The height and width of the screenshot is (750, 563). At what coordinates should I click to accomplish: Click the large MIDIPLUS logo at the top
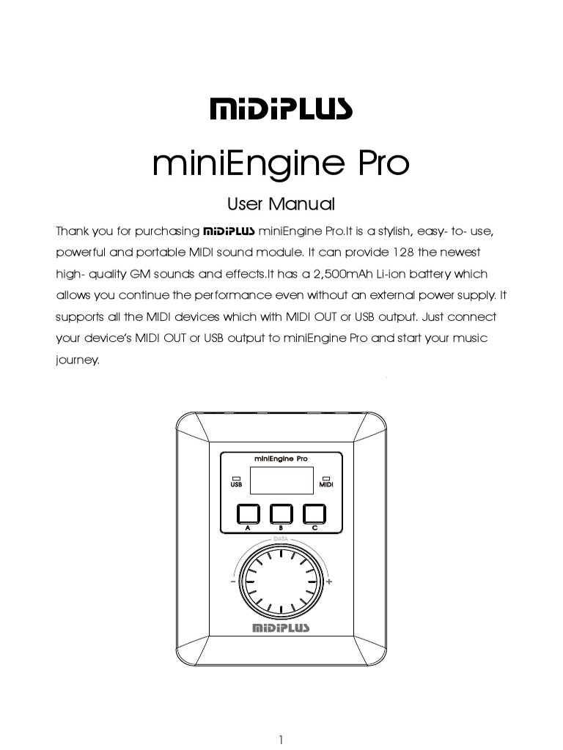point(281,110)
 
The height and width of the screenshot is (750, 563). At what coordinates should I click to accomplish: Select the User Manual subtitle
point(281,204)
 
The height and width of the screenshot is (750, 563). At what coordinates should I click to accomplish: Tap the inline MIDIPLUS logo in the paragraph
point(229,231)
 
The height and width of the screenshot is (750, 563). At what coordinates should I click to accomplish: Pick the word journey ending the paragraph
point(77,360)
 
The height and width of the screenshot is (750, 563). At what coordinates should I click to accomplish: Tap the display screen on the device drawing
point(281,480)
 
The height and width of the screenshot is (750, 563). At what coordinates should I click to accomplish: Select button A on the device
point(248,513)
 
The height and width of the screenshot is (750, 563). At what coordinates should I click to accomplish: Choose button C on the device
point(314,513)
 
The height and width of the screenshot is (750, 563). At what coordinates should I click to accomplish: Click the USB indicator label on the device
point(236,484)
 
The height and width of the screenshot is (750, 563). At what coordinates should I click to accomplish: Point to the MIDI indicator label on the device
point(326,484)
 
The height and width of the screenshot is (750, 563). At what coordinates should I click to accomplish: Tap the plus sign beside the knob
point(329,582)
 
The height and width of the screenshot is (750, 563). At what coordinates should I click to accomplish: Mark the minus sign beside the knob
point(232,582)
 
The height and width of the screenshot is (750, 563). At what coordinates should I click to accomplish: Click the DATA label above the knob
point(281,539)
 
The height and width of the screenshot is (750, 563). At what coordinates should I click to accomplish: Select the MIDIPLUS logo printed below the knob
point(281,628)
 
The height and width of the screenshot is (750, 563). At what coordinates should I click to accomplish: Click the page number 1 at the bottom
point(281,740)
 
